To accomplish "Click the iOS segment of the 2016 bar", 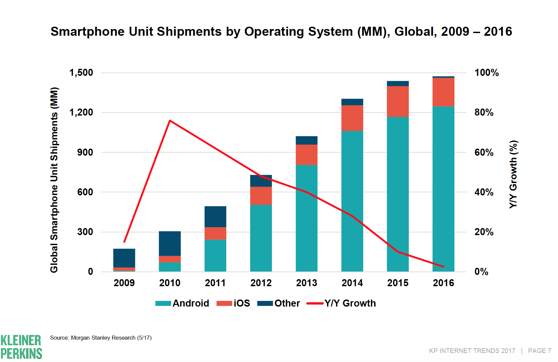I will click(443, 92).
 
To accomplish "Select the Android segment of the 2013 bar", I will click(306, 218).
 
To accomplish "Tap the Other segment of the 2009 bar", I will click(124, 258).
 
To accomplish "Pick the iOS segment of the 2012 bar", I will click(261, 196).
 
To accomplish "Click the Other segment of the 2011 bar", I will click(215, 216).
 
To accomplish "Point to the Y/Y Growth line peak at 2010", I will click(170, 121).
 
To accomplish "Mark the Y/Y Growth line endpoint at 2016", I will click(443, 267).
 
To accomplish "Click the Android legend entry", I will click(182, 303).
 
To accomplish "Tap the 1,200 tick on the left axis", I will click(81, 113).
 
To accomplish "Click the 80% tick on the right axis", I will click(484, 113).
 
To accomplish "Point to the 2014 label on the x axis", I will click(352, 283).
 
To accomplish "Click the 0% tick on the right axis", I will click(481, 272).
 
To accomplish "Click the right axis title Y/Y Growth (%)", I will click(513, 174).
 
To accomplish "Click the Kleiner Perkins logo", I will click(21, 347).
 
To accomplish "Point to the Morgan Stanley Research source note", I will click(101, 338).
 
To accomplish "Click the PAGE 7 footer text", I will click(539, 351).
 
